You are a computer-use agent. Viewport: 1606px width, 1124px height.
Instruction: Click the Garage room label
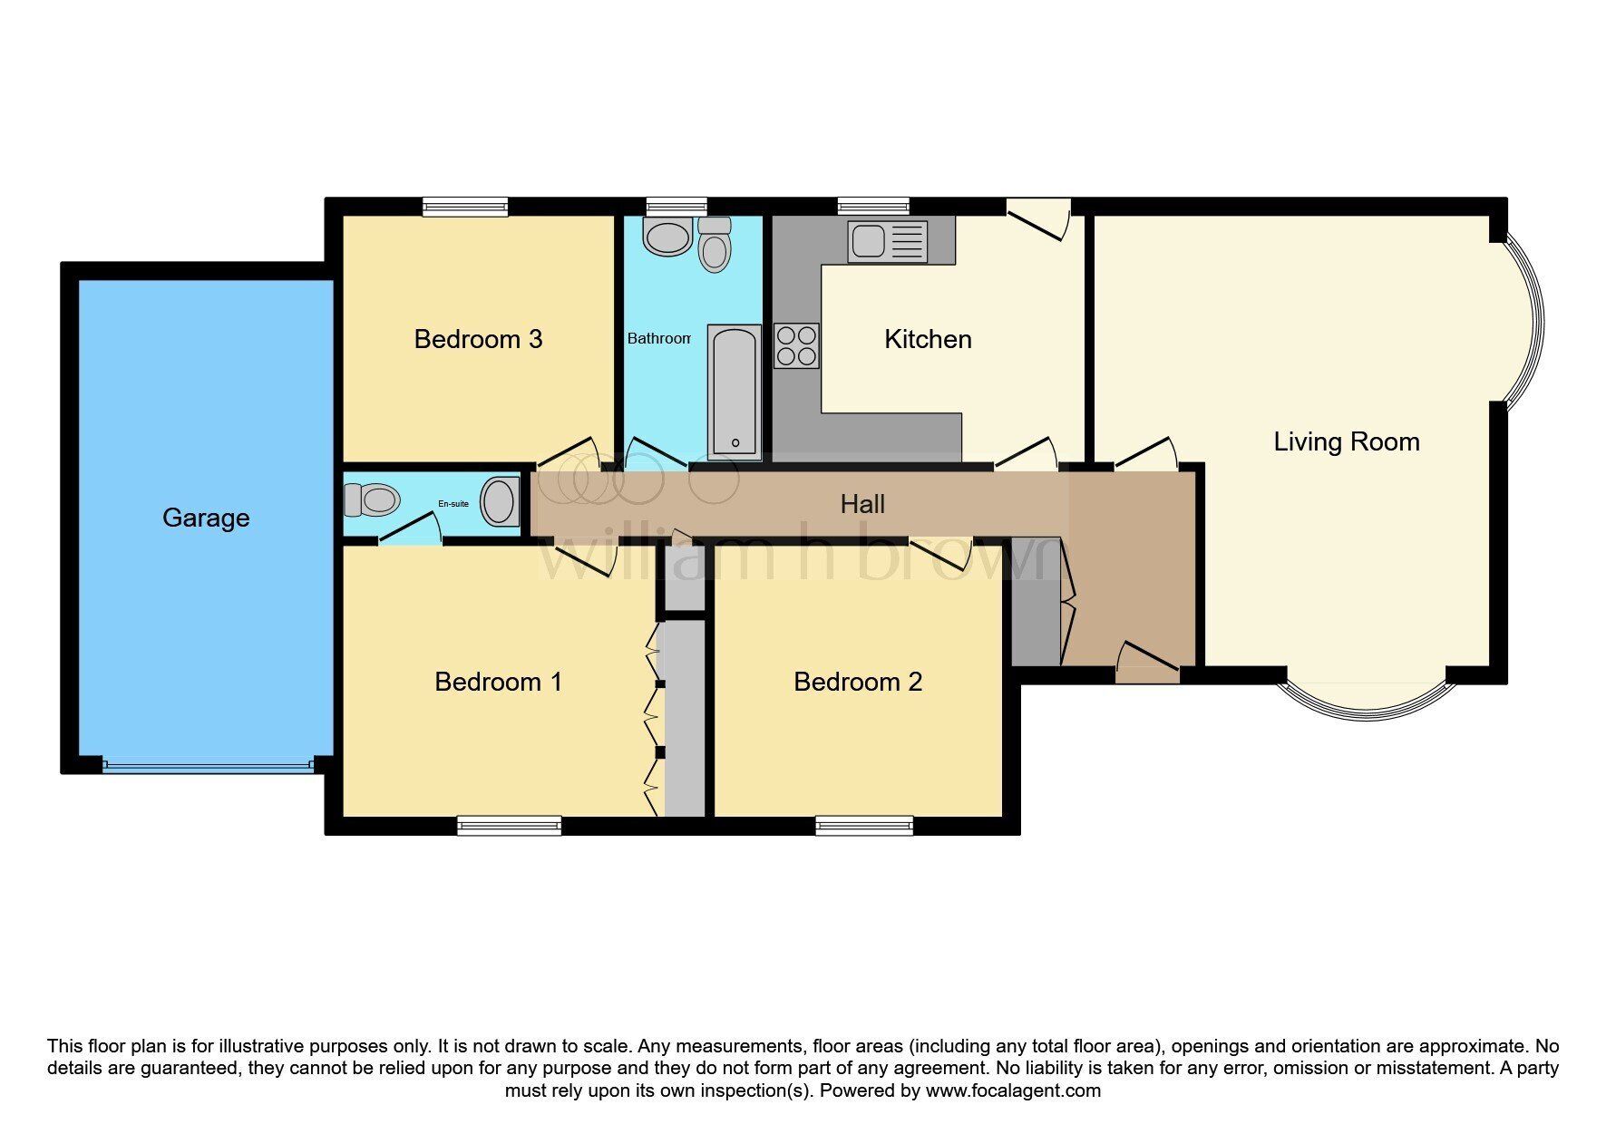(x=206, y=518)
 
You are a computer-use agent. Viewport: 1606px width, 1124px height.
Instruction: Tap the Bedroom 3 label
(x=478, y=339)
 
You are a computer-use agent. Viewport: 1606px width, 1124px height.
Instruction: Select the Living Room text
(x=1347, y=441)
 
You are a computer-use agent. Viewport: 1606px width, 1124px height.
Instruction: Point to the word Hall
(x=862, y=504)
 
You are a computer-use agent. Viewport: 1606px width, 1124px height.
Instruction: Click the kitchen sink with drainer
(x=888, y=241)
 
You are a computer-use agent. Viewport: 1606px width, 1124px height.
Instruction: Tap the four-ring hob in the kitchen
(x=796, y=345)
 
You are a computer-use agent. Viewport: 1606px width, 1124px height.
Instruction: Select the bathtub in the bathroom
(x=734, y=392)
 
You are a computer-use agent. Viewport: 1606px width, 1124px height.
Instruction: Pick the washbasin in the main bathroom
(x=667, y=236)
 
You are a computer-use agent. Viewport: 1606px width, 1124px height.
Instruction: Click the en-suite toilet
(x=372, y=499)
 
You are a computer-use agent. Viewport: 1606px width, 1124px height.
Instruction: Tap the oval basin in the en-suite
(x=500, y=502)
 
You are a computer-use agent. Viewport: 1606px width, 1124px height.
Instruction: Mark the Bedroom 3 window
(x=465, y=207)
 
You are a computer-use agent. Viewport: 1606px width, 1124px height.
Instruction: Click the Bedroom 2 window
(x=864, y=826)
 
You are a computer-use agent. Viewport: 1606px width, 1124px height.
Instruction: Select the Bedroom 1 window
(x=509, y=826)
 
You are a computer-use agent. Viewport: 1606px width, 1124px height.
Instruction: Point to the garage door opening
(x=209, y=766)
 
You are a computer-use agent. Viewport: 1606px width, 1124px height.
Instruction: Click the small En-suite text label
(x=453, y=504)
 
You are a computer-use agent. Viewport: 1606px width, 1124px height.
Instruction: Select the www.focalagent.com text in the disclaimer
(x=1013, y=1090)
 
